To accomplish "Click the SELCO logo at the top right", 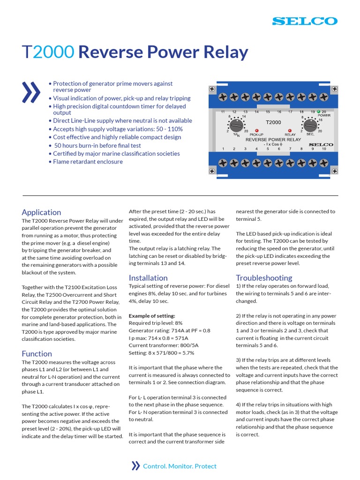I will pos(305,21).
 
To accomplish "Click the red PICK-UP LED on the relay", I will pos(256,131).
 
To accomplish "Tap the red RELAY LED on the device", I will pos(289,131).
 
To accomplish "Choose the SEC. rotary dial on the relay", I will pos(309,125).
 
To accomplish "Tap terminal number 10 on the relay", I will pos(324,149).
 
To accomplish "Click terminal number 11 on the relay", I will pos(223,112).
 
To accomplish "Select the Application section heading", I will pos(41,212).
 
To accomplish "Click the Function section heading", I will pos(37,353).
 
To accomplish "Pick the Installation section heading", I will pos(148,278).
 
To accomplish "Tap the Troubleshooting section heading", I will pos(264,278).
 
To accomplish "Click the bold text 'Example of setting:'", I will pos(152,316).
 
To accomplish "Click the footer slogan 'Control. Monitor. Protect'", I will pos(180,466).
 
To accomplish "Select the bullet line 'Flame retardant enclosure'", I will pos(88,162).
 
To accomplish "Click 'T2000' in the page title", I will pos(48,52).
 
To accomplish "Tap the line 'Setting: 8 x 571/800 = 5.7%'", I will pos(161,353).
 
